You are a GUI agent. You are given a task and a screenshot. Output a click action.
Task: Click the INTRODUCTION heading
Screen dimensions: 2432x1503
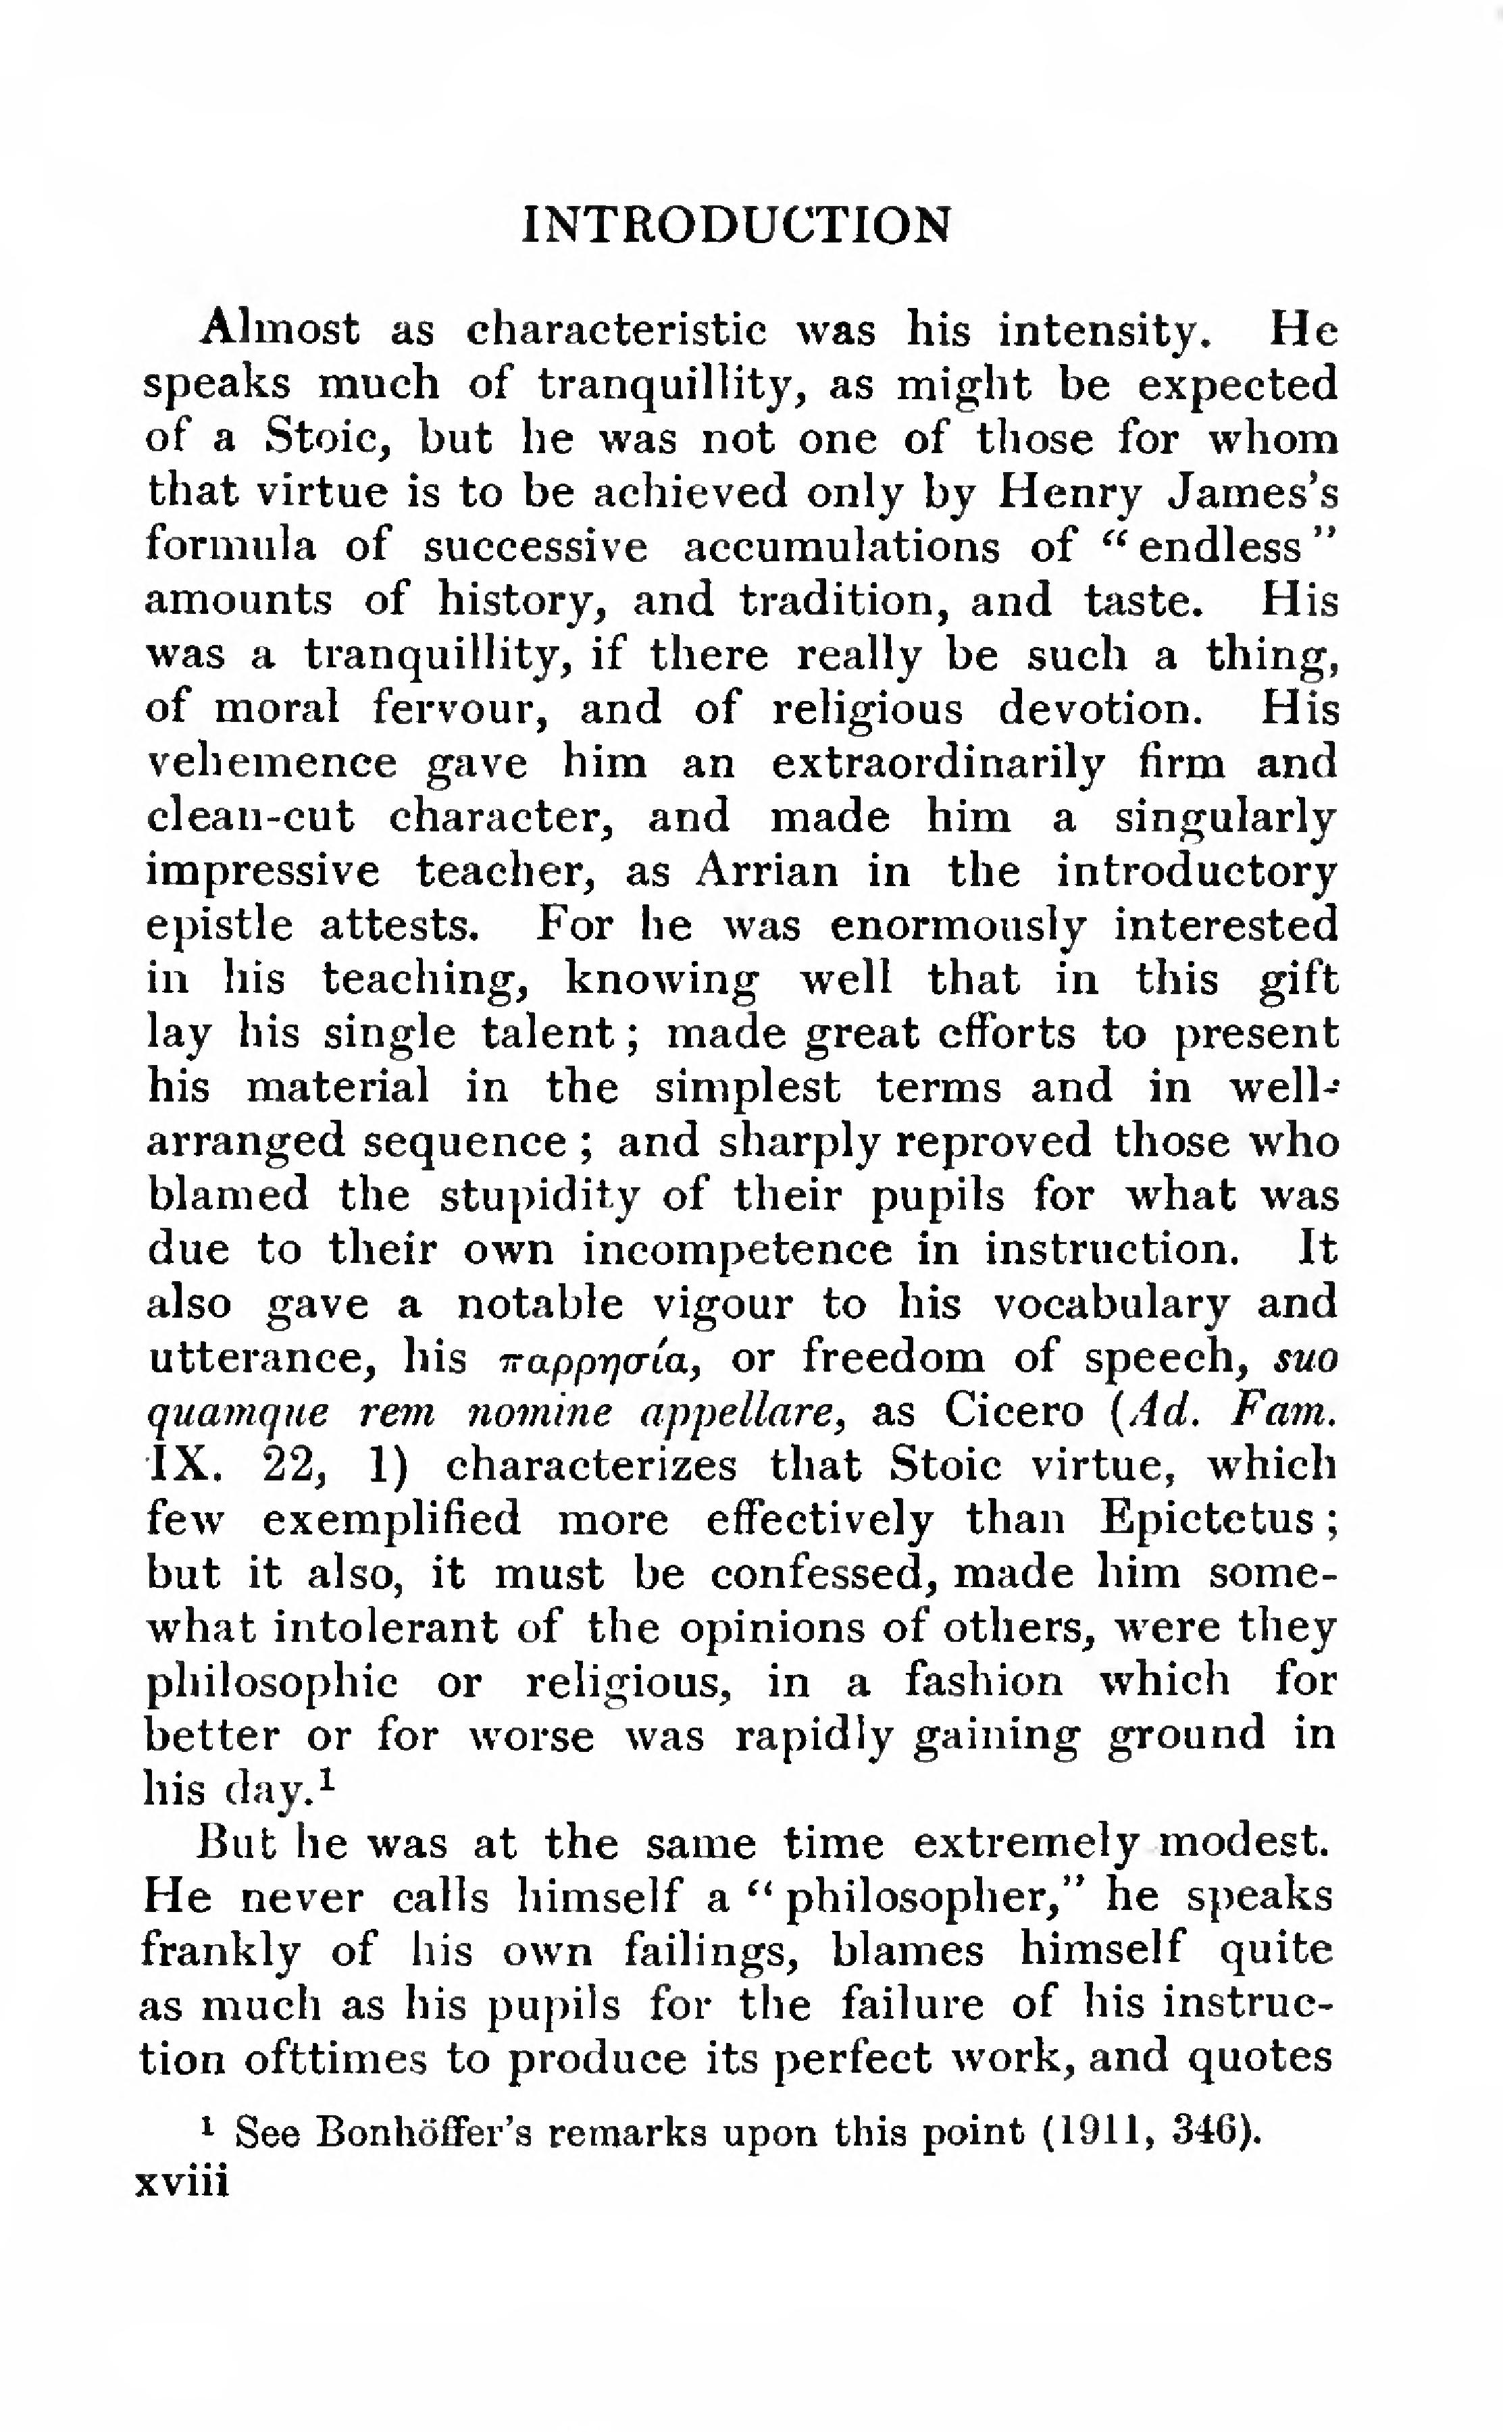click(x=736, y=225)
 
